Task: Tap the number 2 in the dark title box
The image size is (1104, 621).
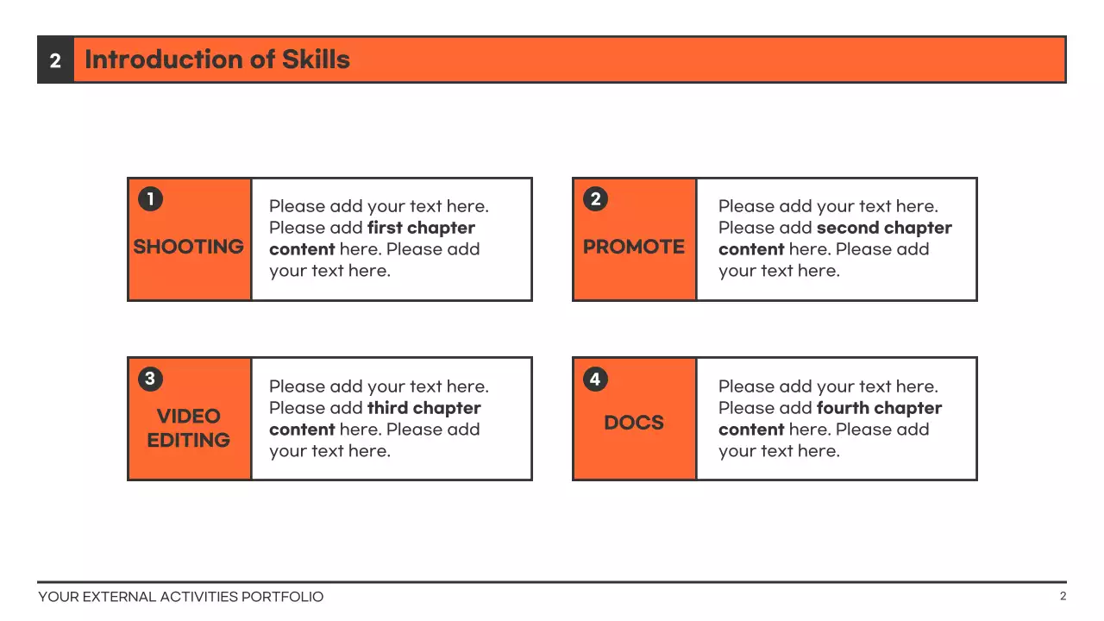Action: click(x=55, y=60)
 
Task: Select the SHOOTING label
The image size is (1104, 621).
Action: click(x=189, y=247)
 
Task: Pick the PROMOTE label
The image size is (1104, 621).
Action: click(x=634, y=247)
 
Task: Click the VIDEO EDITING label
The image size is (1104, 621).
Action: click(x=189, y=428)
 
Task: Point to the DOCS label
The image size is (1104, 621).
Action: click(x=634, y=423)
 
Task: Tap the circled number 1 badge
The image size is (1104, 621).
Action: click(x=150, y=199)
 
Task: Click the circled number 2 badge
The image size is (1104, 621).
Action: click(x=595, y=199)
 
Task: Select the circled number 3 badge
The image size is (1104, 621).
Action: click(x=150, y=379)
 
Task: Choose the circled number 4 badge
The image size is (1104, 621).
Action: click(x=595, y=379)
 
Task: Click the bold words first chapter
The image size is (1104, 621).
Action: click(x=421, y=228)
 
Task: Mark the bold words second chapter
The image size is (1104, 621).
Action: click(x=884, y=228)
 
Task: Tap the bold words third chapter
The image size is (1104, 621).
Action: click(x=423, y=408)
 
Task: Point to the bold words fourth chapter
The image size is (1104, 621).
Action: click(x=879, y=408)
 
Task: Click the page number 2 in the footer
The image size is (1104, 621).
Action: click(x=1063, y=596)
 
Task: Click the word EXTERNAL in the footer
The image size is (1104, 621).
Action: click(x=120, y=597)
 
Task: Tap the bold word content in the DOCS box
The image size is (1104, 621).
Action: click(x=751, y=430)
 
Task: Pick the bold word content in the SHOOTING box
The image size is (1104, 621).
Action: click(x=302, y=249)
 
